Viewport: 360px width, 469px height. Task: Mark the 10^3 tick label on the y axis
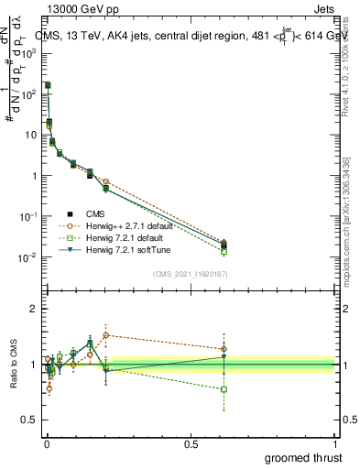click(29, 53)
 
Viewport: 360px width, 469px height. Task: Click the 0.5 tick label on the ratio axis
click(29, 420)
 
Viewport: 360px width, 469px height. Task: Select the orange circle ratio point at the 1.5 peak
click(106, 335)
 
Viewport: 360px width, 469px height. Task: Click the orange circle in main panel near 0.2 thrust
click(106, 182)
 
